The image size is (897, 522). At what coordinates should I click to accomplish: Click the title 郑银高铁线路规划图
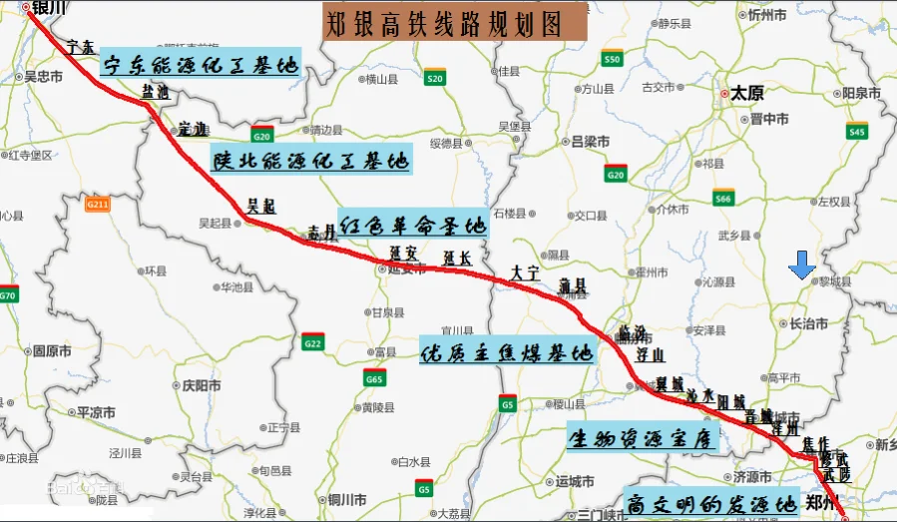pyautogui.click(x=455, y=22)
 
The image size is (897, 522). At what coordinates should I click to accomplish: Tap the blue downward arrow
pyautogui.click(x=801, y=265)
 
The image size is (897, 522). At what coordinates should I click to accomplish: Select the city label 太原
pyautogui.click(x=746, y=93)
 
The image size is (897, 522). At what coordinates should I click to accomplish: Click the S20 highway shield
pyautogui.click(x=434, y=76)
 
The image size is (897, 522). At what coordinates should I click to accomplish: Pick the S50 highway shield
pyautogui.click(x=613, y=58)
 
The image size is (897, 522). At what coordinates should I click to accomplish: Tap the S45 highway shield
pyautogui.click(x=856, y=130)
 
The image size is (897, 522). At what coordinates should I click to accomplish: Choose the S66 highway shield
pyautogui.click(x=723, y=198)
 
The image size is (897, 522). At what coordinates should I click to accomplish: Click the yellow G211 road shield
pyautogui.click(x=97, y=204)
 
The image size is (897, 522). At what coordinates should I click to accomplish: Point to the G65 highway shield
pyautogui.click(x=374, y=377)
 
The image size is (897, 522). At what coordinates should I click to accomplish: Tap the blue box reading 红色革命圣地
pyautogui.click(x=411, y=223)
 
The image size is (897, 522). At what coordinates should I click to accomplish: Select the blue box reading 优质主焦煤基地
pyautogui.click(x=507, y=351)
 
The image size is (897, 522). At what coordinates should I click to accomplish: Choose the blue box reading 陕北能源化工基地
pyautogui.click(x=310, y=160)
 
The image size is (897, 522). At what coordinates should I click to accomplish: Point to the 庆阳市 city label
pyautogui.click(x=199, y=384)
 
